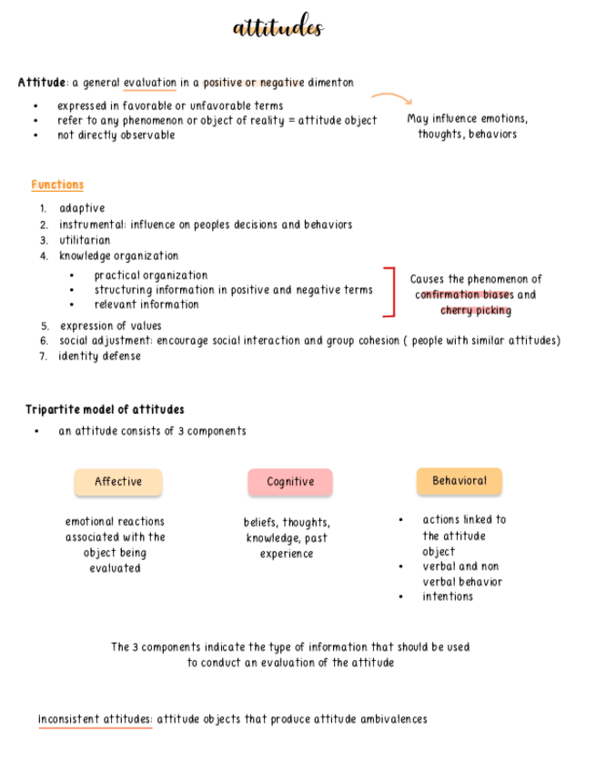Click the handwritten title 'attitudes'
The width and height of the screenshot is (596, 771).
(x=278, y=28)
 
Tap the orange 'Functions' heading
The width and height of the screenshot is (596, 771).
(x=57, y=185)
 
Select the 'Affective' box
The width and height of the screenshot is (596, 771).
(x=118, y=482)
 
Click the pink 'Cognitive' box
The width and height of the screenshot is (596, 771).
(x=290, y=482)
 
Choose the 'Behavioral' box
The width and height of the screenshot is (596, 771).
(x=460, y=481)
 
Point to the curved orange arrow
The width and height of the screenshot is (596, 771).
(x=392, y=97)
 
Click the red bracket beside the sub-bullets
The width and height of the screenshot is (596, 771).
(x=390, y=292)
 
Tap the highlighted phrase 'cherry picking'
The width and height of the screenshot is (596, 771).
(x=476, y=311)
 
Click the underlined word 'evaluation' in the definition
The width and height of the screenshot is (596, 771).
(x=150, y=83)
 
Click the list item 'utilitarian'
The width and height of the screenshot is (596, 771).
(x=86, y=240)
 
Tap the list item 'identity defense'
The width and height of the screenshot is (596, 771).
(x=100, y=356)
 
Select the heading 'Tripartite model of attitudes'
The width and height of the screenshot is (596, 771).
(x=105, y=409)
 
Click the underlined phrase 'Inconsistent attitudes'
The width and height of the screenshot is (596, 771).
(x=96, y=719)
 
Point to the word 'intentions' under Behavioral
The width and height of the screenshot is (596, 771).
(x=448, y=596)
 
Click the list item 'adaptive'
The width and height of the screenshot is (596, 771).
(x=82, y=208)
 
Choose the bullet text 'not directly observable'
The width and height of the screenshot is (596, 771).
(x=116, y=135)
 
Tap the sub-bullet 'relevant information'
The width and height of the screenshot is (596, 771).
(x=146, y=305)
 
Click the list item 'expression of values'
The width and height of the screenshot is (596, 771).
(x=111, y=325)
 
